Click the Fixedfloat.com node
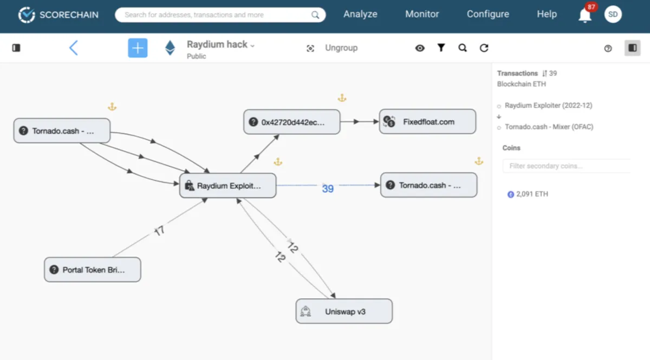[427, 122]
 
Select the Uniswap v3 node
[344, 311]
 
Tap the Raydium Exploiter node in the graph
[228, 186]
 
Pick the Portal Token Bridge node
[93, 270]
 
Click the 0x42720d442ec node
[292, 122]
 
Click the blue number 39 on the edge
[328, 188]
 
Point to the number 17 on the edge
[159, 231]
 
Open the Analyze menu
[360, 15]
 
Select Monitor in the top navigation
[422, 15]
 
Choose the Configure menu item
[488, 15]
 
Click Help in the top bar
[547, 15]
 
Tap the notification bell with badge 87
[585, 15]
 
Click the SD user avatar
[613, 15]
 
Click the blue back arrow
[74, 48]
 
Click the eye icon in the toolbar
[420, 48]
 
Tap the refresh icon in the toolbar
[484, 48]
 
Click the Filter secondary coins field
[566, 166]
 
